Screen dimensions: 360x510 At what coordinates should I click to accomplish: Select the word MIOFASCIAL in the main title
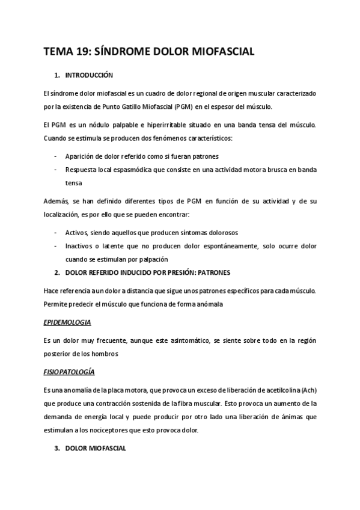(x=221, y=52)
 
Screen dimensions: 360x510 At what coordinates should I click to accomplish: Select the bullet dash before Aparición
(x=56, y=155)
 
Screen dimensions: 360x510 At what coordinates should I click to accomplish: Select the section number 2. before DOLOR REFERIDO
(x=56, y=272)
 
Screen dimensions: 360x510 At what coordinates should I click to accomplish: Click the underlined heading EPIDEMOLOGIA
(x=67, y=322)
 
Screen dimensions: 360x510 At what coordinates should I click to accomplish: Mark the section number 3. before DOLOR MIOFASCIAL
(x=56, y=448)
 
